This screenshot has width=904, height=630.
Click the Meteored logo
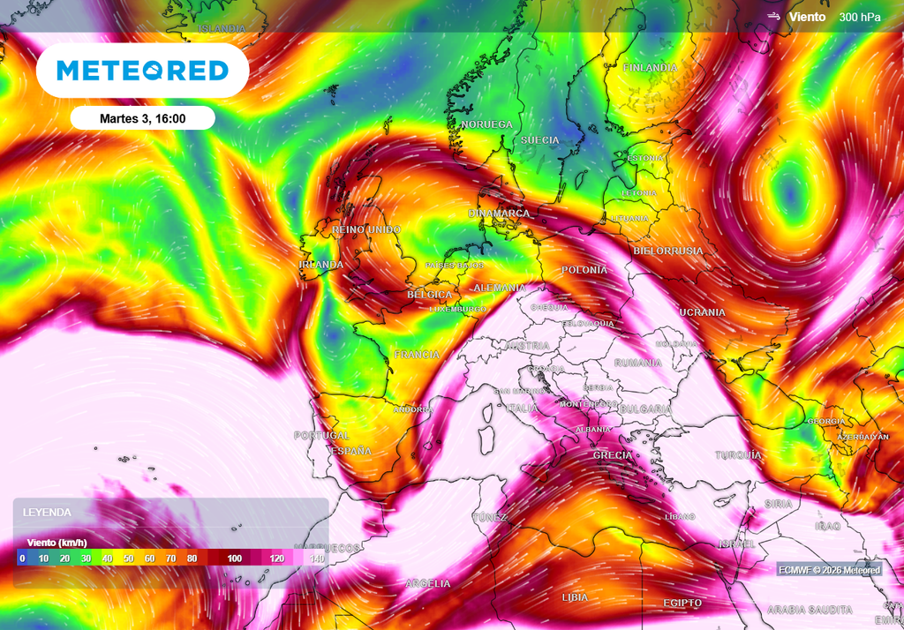click(x=142, y=71)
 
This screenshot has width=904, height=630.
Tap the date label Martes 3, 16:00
click(x=142, y=118)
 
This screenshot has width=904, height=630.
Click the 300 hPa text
click(x=860, y=17)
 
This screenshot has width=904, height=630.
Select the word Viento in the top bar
click(x=808, y=17)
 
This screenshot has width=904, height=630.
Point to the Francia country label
click(x=417, y=355)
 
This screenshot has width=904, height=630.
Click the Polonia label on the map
click(x=584, y=269)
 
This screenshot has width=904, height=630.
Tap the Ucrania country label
click(x=702, y=312)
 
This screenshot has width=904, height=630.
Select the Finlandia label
click(x=650, y=68)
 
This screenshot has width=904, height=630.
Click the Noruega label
click(x=486, y=124)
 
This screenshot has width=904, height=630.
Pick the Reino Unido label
click(x=365, y=229)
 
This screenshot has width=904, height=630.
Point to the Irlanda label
click(x=321, y=265)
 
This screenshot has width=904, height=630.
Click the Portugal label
click(x=321, y=436)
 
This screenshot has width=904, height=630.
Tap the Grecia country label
click(x=613, y=455)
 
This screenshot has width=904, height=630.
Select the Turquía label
click(x=738, y=455)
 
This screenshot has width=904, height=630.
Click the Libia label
click(x=575, y=598)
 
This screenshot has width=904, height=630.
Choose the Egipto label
click(x=682, y=603)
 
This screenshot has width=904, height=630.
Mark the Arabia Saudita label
click(x=810, y=610)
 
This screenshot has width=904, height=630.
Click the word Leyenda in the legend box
click(x=47, y=512)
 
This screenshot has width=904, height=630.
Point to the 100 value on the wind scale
click(x=234, y=559)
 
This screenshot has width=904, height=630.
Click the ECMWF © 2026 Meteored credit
click(x=829, y=570)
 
